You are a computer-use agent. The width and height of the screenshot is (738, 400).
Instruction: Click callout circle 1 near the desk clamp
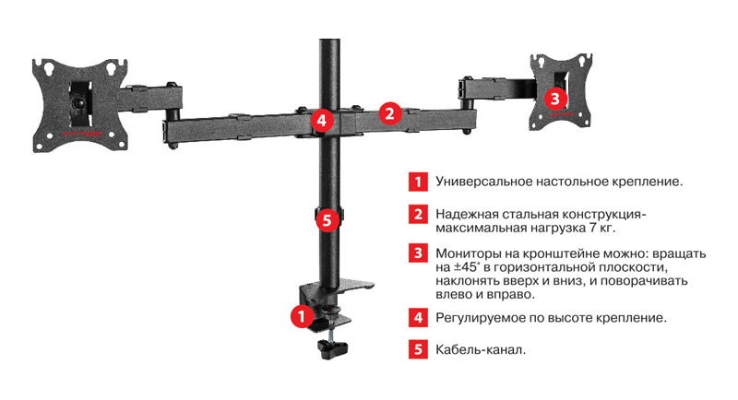click(302, 316)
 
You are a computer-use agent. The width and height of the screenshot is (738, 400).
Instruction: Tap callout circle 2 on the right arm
click(389, 113)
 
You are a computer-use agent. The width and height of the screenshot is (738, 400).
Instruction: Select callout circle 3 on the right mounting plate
click(555, 99)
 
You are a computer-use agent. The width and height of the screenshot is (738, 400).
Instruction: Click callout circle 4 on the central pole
click(322, 121)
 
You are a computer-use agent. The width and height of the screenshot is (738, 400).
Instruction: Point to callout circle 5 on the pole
click(327, 219)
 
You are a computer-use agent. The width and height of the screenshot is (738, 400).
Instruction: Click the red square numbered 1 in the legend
click(418, 182)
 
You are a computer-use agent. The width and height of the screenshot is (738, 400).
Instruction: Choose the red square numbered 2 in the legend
click(418, 215)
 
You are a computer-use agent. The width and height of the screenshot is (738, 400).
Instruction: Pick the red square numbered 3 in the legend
click(418, 253)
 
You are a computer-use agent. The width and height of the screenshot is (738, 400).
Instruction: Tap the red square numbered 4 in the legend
click(418, 318)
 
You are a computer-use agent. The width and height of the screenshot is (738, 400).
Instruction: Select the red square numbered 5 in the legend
click(418, 349)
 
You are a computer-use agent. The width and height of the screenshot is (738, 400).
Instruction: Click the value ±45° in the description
click(467, 267)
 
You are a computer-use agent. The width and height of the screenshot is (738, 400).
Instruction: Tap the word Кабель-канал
click(481, 350)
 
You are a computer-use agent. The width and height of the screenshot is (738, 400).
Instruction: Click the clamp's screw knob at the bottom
click(332, 349)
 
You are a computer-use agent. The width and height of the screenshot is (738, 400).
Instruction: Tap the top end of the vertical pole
click(329, 41)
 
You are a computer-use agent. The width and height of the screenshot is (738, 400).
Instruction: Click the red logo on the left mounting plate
click(78, 135)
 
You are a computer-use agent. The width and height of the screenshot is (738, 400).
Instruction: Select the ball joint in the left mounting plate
click(78, 100)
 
